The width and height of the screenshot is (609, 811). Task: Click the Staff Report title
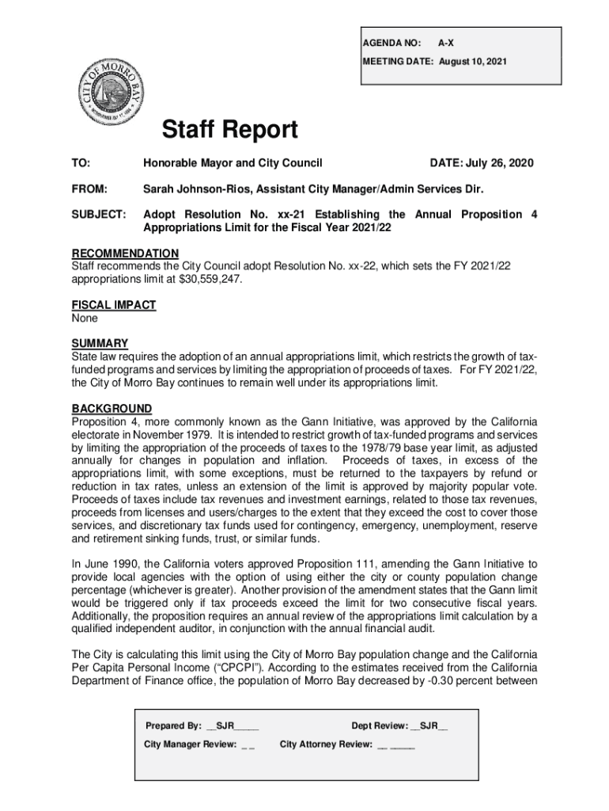coord(229,130)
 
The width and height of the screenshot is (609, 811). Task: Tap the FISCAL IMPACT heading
coord(113,305)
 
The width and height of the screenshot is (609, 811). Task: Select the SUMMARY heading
coord(100,343)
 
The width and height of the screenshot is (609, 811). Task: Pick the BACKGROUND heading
coord(111,409)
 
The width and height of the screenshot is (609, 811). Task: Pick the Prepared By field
coord(202,725)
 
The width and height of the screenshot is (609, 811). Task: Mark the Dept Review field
coord(399,725)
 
